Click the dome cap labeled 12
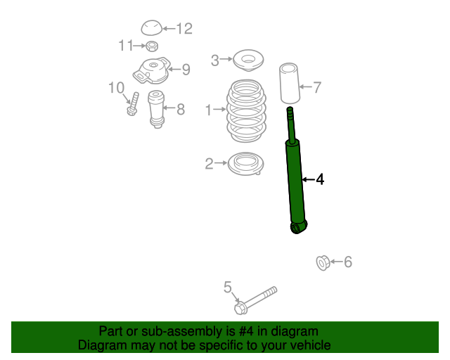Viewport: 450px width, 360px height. [152, 28]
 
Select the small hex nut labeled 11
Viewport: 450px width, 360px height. [152, 46]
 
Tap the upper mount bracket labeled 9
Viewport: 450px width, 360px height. [151, 70]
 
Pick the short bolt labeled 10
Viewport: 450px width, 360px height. [133, 104]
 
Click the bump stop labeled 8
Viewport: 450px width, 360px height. [156, 109]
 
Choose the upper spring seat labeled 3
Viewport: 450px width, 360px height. [248, 60]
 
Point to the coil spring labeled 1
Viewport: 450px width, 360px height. [246, 110]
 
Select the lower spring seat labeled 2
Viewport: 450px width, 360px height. [245, 164]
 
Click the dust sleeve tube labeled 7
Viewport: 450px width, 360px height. [290, 83]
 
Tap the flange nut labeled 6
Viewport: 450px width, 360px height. [323, 263]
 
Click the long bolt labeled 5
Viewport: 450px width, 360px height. [255, 300]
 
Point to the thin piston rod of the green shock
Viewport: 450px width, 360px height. [291, 125]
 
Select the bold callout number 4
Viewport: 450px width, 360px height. [320, 179]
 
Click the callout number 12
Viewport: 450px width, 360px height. [184, 29]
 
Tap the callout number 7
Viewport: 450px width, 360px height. [317, 87]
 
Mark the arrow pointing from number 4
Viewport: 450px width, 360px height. [308, 180]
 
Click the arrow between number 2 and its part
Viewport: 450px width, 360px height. [221, 163]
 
